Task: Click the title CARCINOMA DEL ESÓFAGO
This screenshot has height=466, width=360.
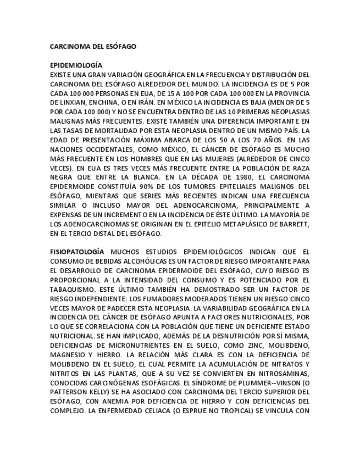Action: [93, 47]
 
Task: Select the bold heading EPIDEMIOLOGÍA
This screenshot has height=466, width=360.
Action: [76, 65]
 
